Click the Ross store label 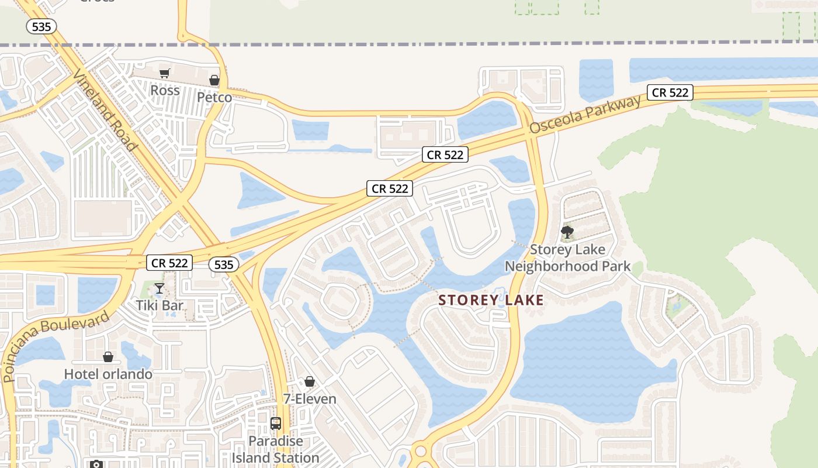pos(165,91)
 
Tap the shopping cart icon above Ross pos(164,73)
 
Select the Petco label pos(214,97)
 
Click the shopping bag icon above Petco pos(214,80)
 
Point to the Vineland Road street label pos(105,109)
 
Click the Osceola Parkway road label pos(585,115)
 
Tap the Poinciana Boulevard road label pos(56,346)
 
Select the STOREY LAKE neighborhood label pos(491,301)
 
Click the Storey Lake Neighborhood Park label pos(567,258)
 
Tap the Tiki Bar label pos(160,305)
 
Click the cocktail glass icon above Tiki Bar pos(159,288)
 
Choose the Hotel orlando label pos(108,374)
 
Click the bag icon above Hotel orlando pos(108,357)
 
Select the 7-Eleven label pos(310,399)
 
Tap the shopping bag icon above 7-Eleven pos(310,382)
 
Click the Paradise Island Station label pos(276,449)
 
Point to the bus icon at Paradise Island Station pos(276,424)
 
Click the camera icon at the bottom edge pos(96,464)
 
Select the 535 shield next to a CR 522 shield pos(224,265)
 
